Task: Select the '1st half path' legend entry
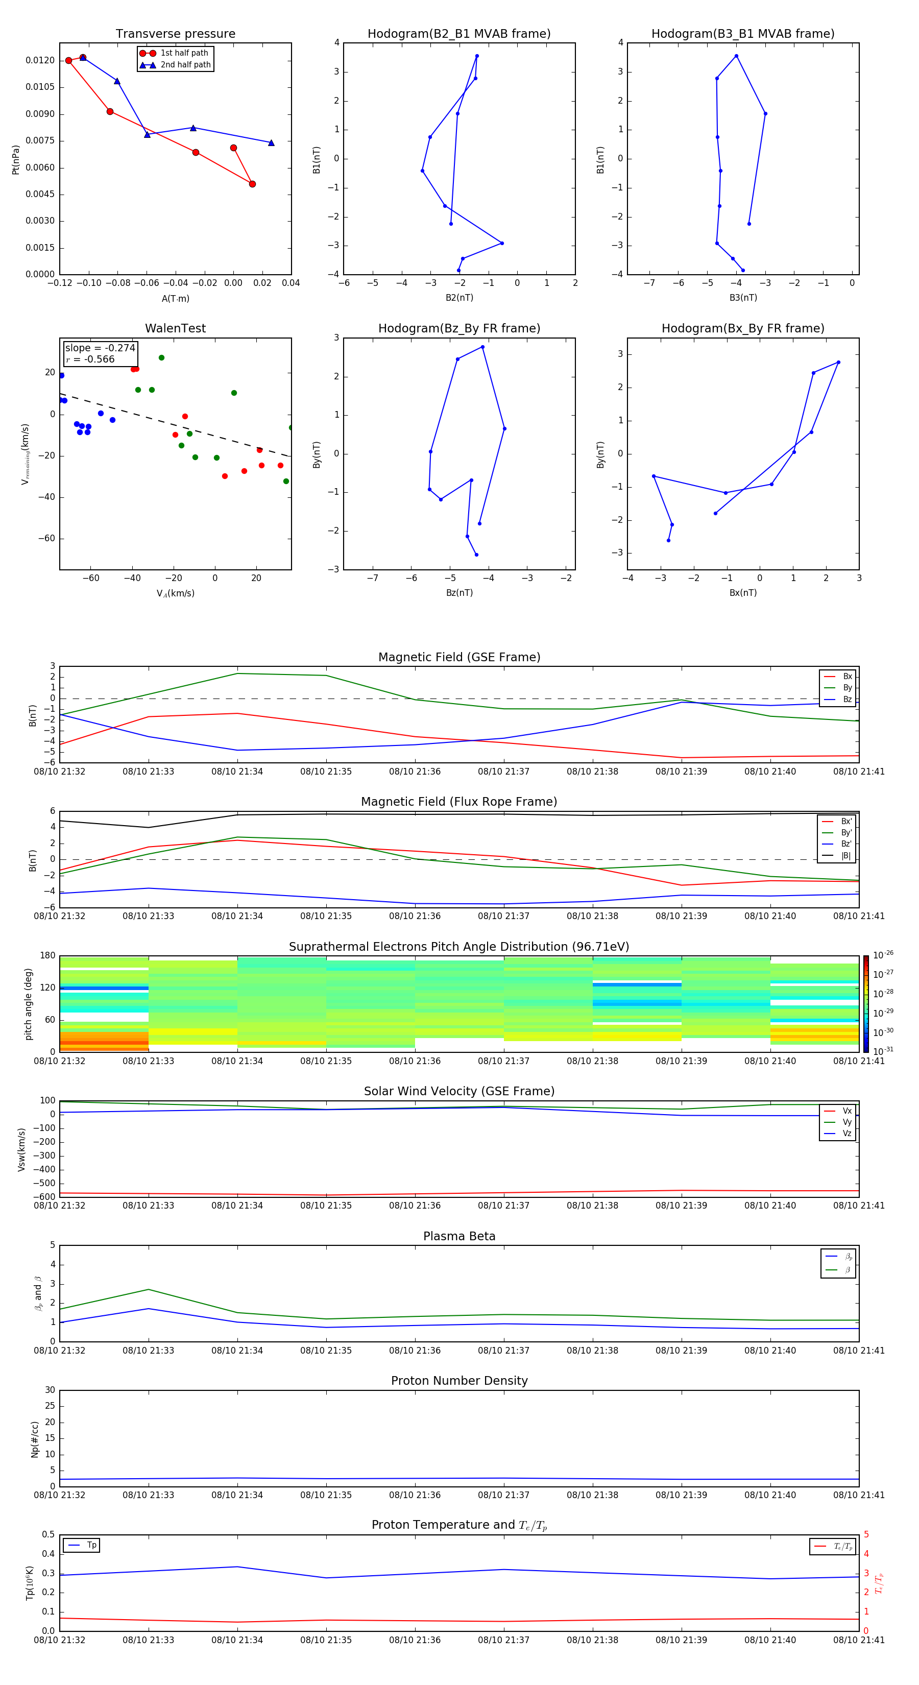tap(184, 53)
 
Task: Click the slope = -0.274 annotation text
tap(100, 348)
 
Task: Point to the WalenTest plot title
tap(175, 328)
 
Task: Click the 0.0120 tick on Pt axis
tap(40, 60)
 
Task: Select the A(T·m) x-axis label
tap(175, 298)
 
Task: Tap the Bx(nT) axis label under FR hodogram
tap(742, 593)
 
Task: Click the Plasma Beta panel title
tap(459, 1236)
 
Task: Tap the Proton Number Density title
tap(459, 1381)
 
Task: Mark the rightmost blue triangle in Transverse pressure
tap(271, 142)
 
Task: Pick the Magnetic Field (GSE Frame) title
tap(459, 657)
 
